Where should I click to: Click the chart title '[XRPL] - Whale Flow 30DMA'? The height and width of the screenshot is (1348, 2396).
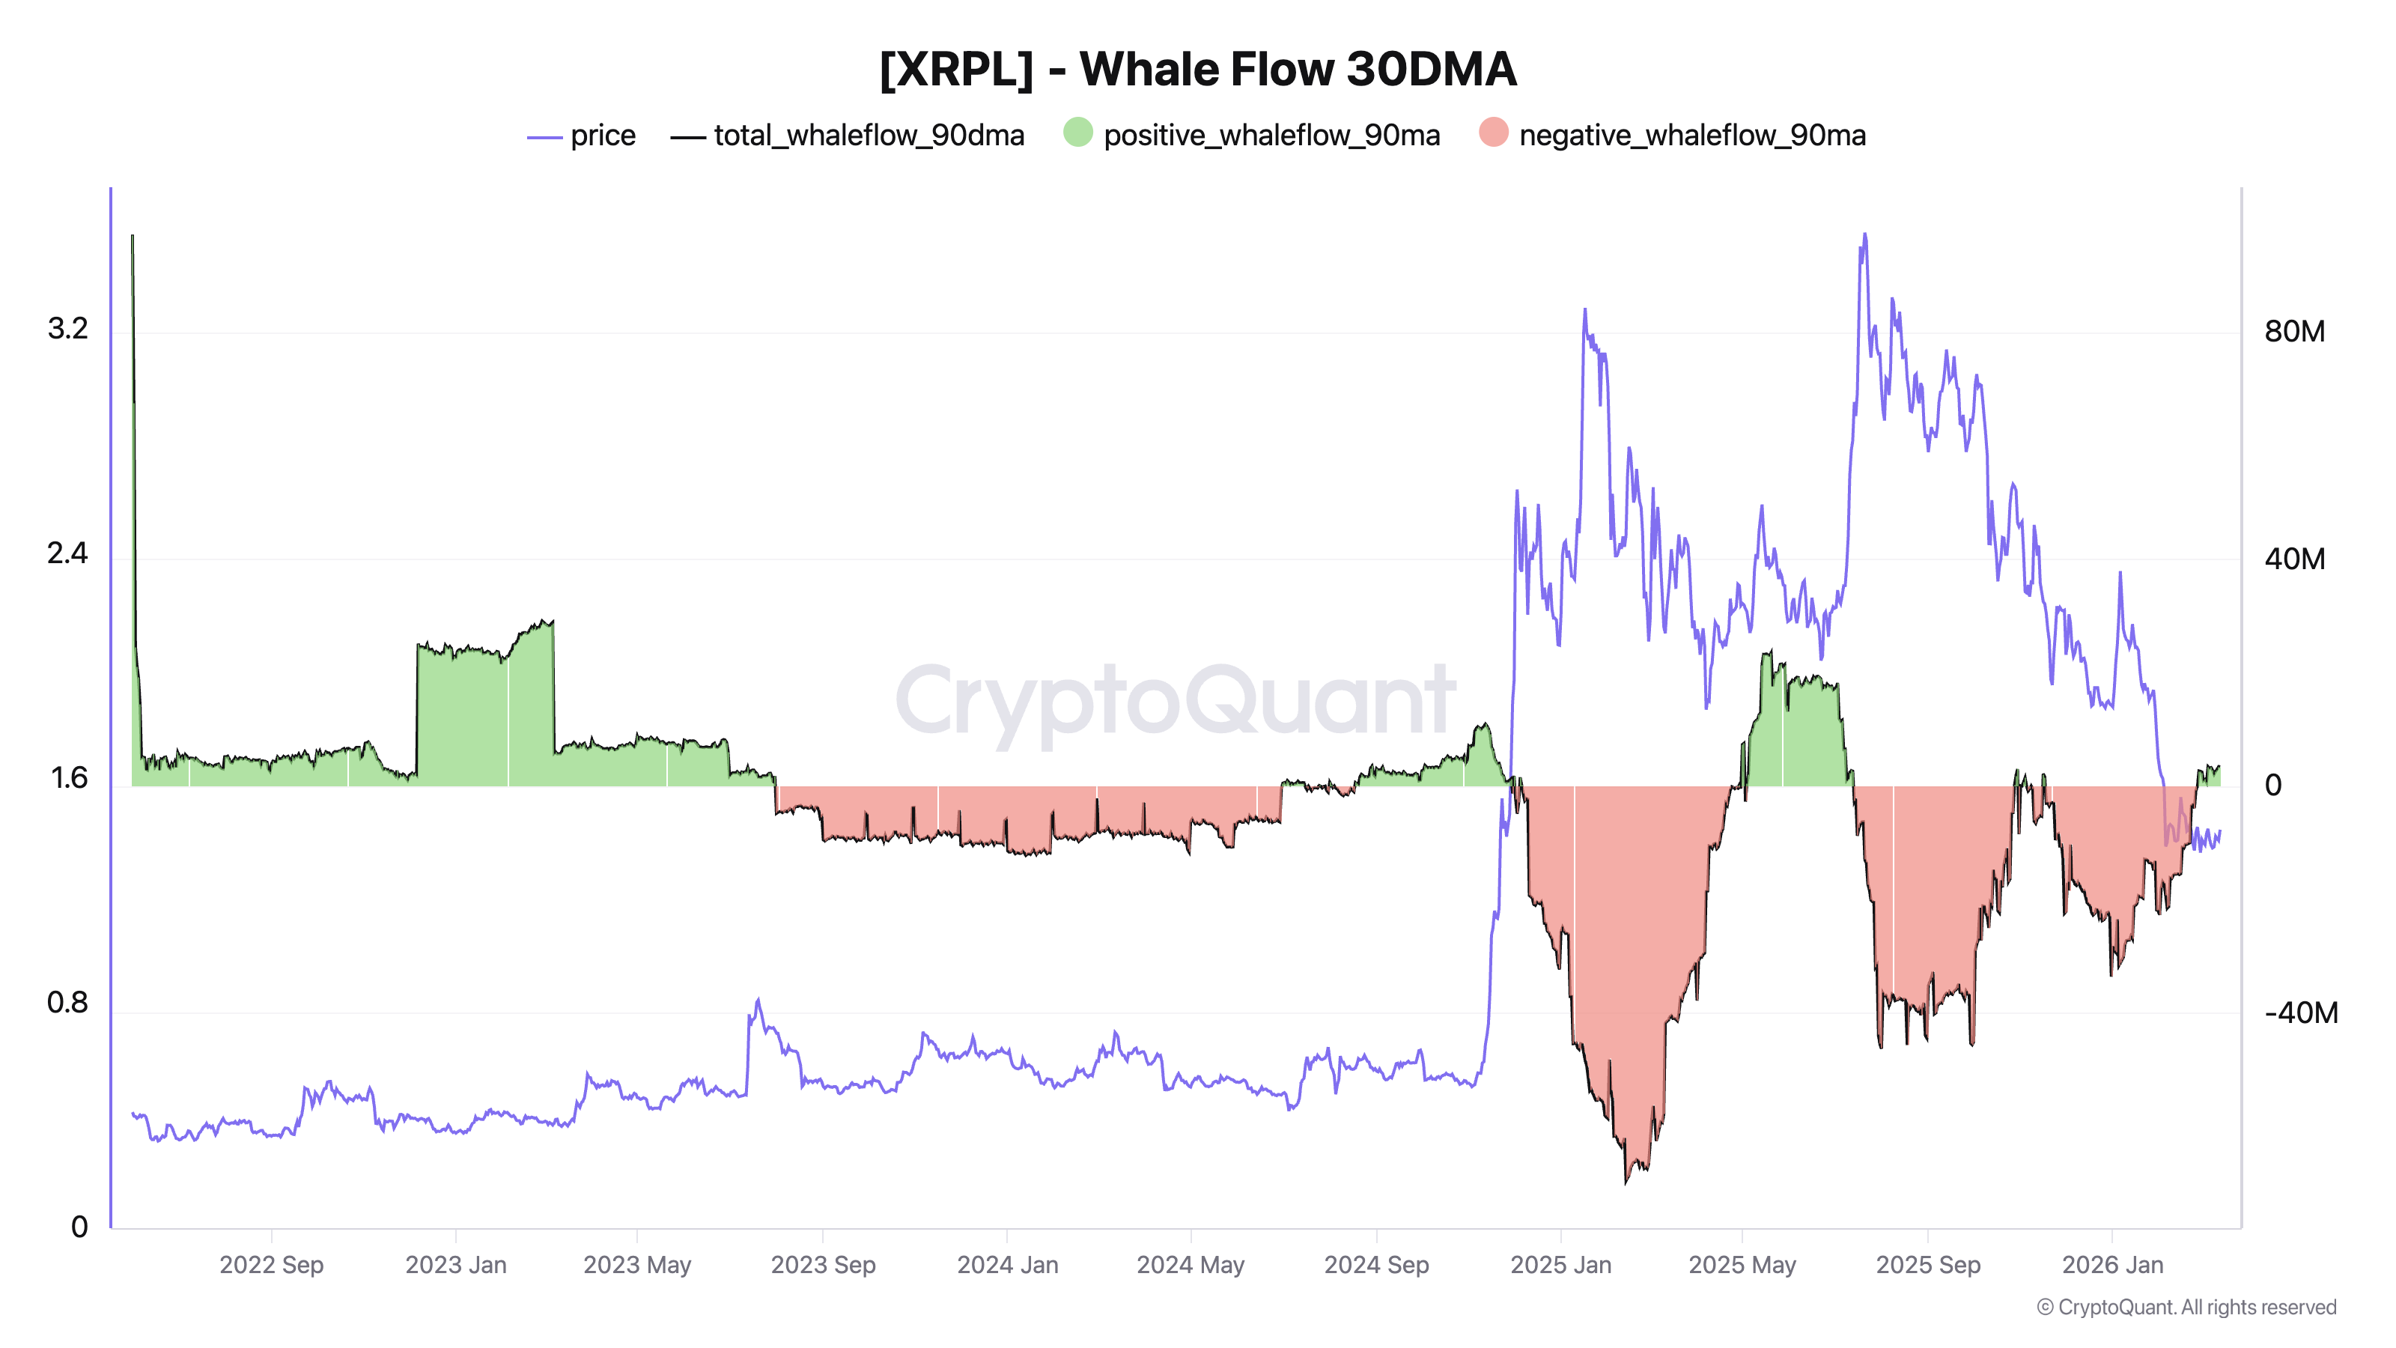click(1198, 70)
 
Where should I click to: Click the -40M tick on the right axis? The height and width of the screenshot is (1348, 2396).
click(2300, 1013)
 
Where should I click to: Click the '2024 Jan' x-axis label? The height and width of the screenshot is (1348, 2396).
click(1007, 1265)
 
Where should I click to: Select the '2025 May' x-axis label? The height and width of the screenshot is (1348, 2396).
click(1742, 1265)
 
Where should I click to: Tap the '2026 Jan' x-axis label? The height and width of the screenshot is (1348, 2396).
click(2112, 1265)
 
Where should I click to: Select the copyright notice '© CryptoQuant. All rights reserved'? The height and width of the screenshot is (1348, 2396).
click(2186, 1307)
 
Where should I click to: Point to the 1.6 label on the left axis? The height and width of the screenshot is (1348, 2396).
click(69, 778)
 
